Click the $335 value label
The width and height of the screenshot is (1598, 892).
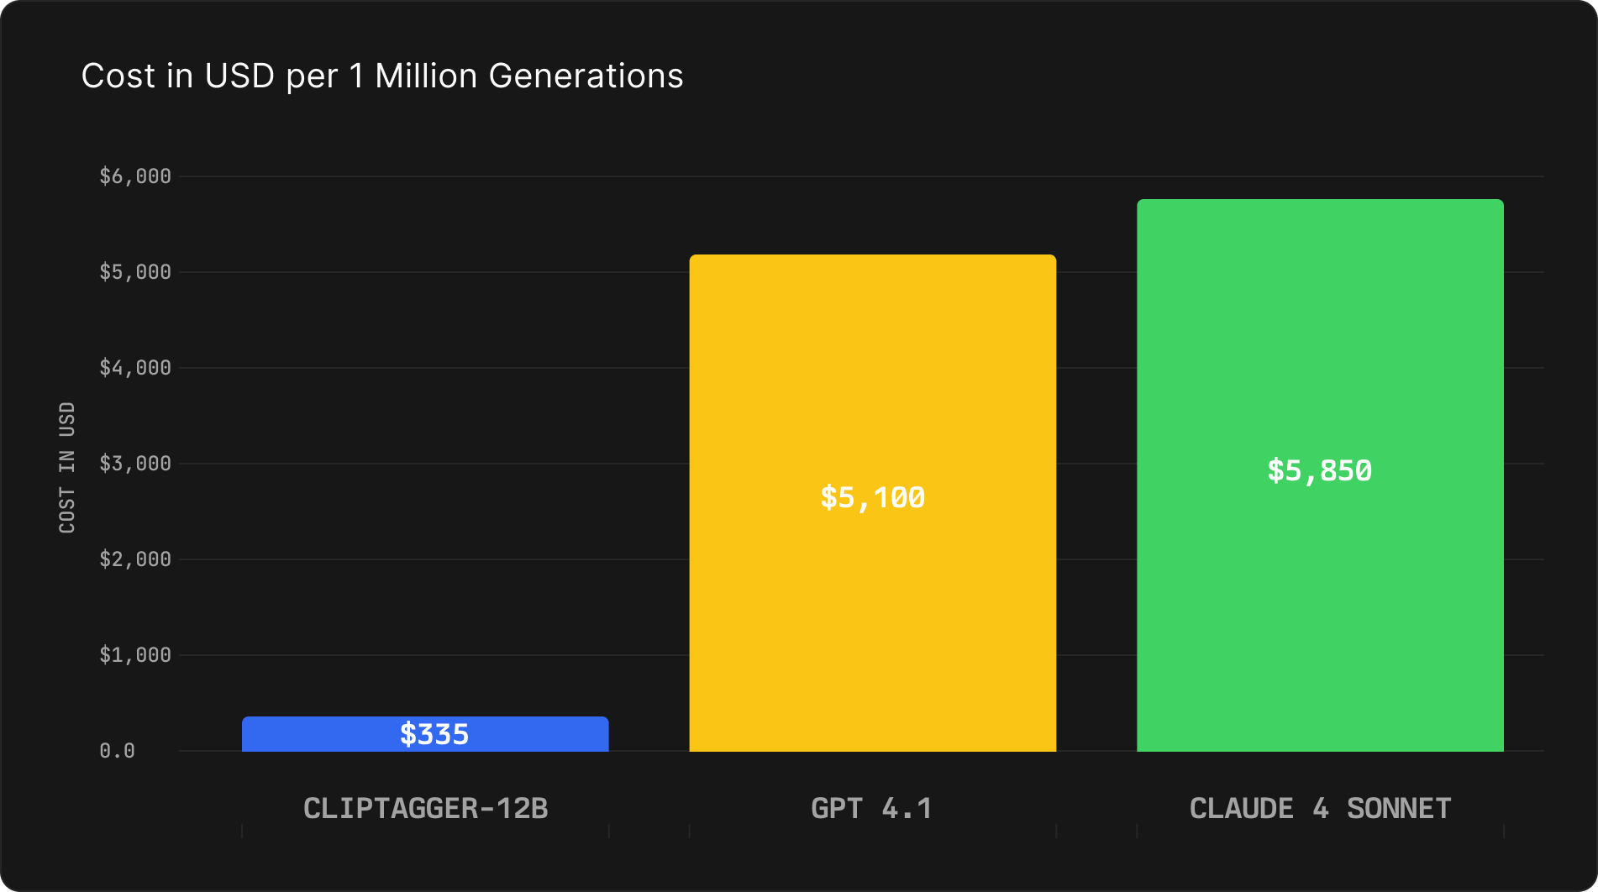click(x=434, y=735)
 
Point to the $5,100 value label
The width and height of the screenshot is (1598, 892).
click(x=872, y=498)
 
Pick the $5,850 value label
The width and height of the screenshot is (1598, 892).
click(x=1319, y=471)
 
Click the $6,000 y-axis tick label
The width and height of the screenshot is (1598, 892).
click(x=135, y=176)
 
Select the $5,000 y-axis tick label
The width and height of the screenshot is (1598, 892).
click(x=135, y=272)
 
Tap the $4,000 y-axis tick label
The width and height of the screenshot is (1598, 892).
click(x=135, y=368)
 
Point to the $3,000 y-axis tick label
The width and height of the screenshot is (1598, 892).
click(x=135, y=464)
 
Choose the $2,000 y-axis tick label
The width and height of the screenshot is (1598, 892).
click(x=135, y=559)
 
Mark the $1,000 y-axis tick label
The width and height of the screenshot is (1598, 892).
click(x=135, y=655)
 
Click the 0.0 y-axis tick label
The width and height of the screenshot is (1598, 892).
click(x=117, y=751)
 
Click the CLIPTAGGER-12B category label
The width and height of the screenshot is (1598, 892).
click(x=425, y=809)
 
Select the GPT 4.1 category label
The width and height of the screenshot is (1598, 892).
click(x=871, y=809)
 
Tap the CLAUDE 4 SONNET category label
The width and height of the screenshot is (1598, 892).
click(x=1320, y=809)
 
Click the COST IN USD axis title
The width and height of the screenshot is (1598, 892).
click(x=67, y=467)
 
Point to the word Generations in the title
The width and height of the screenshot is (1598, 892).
click(x=586, y=76)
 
